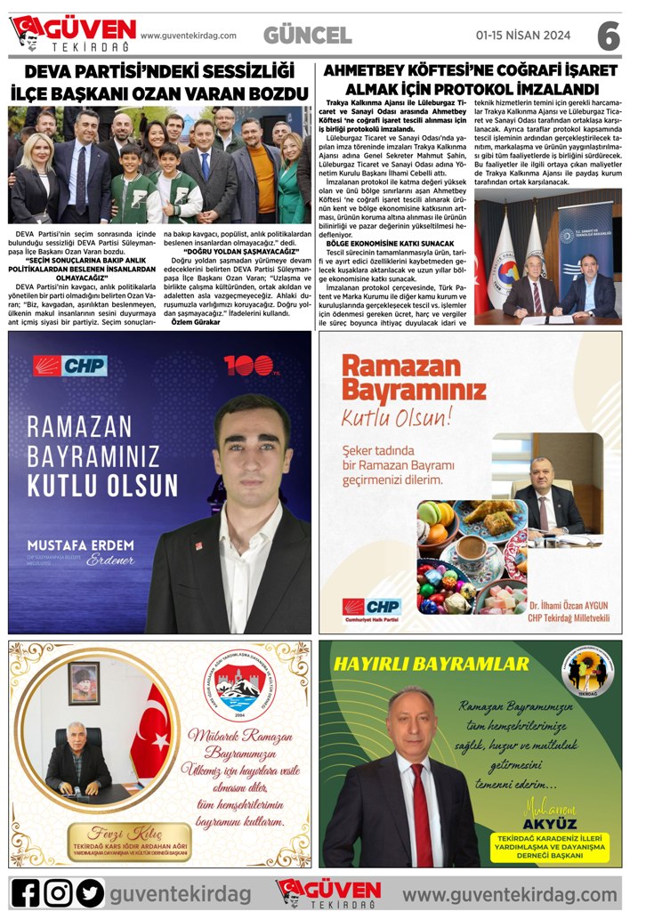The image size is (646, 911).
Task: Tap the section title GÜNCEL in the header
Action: (x=307, y=36)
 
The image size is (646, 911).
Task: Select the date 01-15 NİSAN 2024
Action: (x=522, y=36)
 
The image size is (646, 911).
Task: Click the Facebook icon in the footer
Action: (x=26, y=891)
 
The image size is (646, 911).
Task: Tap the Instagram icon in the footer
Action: (x=58, y=891)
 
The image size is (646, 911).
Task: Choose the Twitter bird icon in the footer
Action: (x=90, y=891)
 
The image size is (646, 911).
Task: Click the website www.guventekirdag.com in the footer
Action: (x=510, y=892)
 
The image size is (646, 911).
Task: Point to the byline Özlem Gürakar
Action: (x=193, y=322)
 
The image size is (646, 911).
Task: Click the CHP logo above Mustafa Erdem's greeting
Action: (x=69, y=365)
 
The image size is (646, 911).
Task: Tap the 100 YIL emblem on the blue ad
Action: (x=246, y=364)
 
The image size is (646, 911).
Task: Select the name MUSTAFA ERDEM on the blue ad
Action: (x=81, y=544)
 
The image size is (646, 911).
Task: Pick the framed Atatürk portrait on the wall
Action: (x=85, y=682)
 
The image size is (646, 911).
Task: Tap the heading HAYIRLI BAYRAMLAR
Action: (x=431, y=663)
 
